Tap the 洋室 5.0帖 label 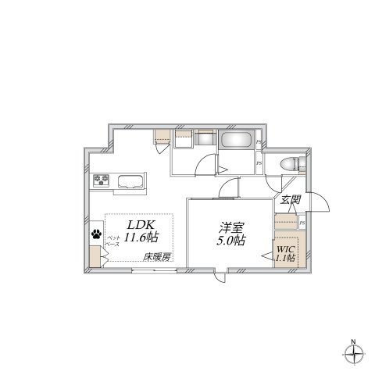point(230,234)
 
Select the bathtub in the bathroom point(237,141)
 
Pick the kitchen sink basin point(129,184)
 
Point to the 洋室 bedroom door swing point(229,187)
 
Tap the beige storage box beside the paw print point(95,256)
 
